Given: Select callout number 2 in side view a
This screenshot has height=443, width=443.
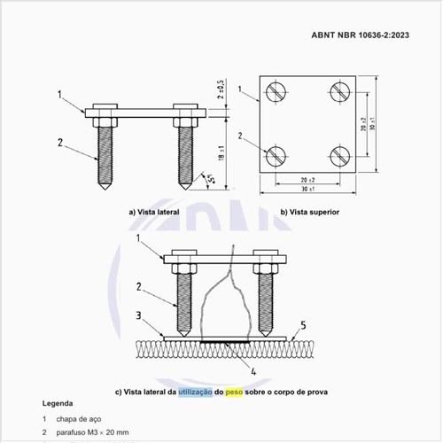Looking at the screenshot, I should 60,142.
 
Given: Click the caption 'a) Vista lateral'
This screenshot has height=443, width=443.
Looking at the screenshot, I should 157,213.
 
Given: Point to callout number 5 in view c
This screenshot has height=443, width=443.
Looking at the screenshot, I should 302,324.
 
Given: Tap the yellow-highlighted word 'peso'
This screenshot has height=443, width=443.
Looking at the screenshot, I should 234,391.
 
